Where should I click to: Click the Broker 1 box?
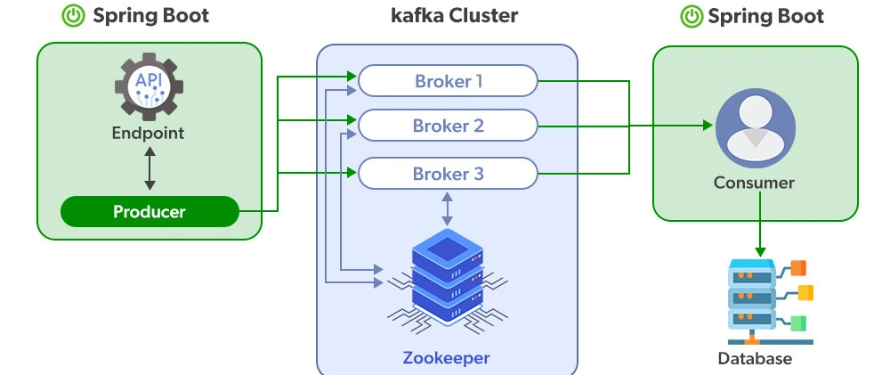point(448,82)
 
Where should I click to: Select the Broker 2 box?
point(448,126)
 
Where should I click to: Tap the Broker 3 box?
point(448,174)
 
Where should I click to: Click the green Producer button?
point(150,212)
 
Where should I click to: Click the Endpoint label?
point(148,134)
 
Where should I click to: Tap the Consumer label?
point(754,183)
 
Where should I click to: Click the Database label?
point(755,359)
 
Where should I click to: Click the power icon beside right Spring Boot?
point(691,16)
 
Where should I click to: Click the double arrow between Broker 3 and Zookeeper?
point(447,208)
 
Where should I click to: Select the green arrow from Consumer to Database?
point(759,226)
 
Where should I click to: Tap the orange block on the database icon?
point(798,267)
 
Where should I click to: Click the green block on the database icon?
point(798,322)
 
